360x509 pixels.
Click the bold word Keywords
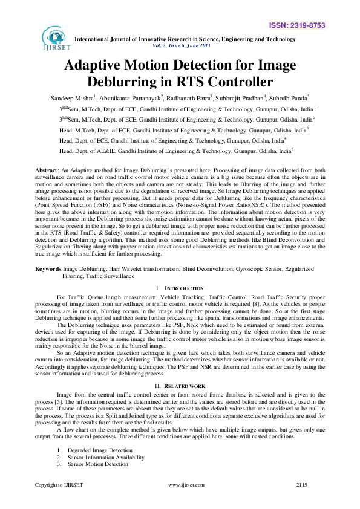tap(48, 268)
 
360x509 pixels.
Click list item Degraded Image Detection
tap(100, 450)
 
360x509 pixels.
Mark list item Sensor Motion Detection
tap(98, 464)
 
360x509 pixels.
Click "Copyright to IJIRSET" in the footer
tap(59, 485)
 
